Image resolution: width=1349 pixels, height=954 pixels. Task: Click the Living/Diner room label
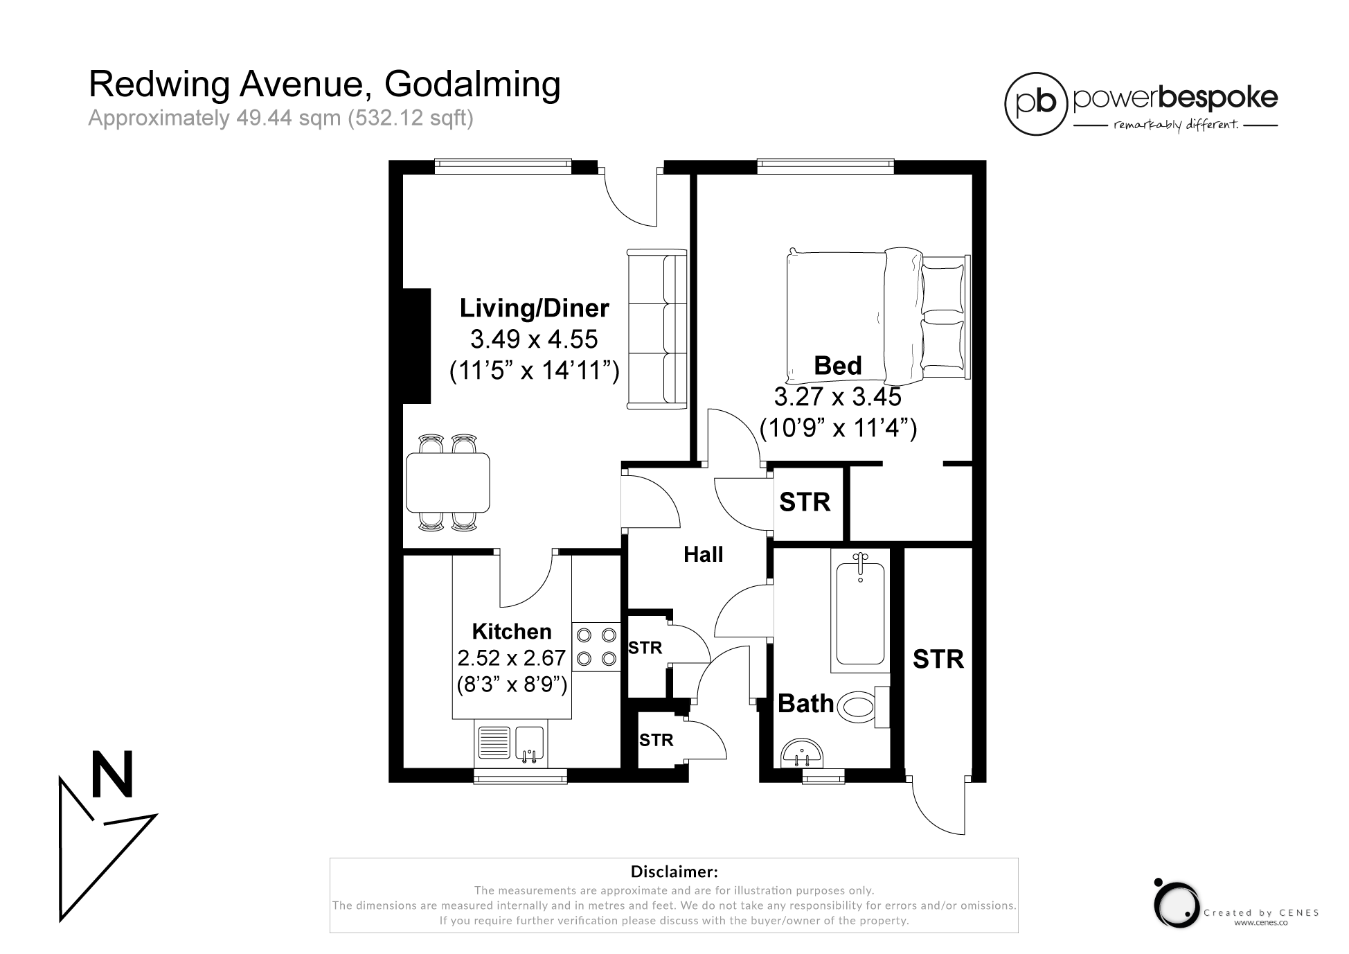coord(534,308)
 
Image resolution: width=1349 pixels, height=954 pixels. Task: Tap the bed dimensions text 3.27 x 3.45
coord(837,397)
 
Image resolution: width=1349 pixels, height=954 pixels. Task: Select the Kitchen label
coord(512,631)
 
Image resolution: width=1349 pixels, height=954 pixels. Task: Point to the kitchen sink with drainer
coord(511,743)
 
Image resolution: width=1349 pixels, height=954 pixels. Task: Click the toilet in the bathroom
coord(859,707)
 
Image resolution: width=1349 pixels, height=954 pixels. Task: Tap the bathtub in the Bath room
coord(860,613)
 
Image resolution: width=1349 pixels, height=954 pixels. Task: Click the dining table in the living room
coord(448,482)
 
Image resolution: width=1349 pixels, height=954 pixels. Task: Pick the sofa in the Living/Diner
coord(656,329)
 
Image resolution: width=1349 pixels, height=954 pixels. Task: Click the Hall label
coord(703,554)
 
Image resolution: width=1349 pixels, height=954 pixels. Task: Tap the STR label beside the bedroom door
coord(805,502)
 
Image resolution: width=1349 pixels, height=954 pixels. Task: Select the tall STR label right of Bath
coord(938,659)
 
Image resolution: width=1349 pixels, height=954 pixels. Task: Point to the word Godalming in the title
coord(472,85)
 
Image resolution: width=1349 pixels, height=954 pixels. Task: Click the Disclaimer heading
coord(673,871)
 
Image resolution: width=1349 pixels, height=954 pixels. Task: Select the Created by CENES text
coord(1260,912)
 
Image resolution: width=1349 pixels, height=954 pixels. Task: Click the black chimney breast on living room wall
coord(417,346)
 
